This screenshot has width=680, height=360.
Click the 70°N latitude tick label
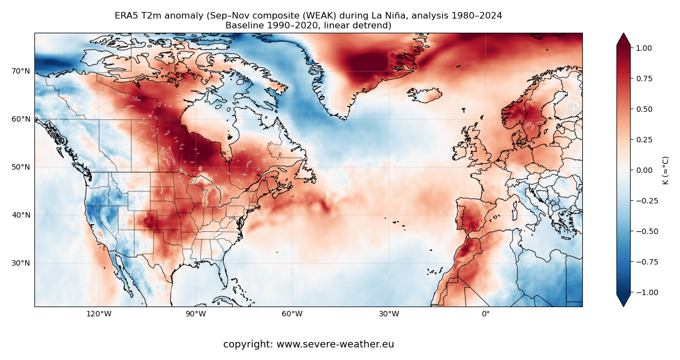click(x=21, y=71)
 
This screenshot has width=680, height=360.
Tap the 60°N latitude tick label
click(x=21, y=119)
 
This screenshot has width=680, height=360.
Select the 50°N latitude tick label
click(x=21, y=167)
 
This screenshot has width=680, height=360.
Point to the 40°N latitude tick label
click(x=21, y=215)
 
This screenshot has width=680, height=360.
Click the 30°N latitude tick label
click(x=21, y=263)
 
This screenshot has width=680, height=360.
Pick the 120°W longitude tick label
click(x=99, y=314)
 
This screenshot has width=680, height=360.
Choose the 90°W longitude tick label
click(x=195, y=314)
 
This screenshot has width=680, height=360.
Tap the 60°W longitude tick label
click(x=292, y=314)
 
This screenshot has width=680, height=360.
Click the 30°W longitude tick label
click(x=389, y=314)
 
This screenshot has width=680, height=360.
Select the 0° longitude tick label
click(x=485, y=314)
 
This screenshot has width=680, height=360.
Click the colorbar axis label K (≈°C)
click(x=665, y=170)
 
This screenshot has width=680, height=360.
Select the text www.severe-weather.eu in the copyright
click(x=335, y=345)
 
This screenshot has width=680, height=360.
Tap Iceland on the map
click(x=425, y=96)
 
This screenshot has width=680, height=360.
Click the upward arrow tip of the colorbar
click(x=623, y=34)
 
